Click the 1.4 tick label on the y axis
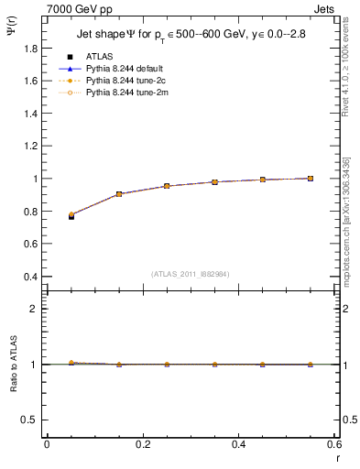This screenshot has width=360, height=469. click(x=30, y=130)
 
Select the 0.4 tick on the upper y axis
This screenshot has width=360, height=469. click(x=30, y=277)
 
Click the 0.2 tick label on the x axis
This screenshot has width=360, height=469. click(x=142, y=444)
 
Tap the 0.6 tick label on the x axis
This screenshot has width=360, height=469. click(x=334, y=444)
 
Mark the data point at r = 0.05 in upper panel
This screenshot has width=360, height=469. click(x=71, y=216)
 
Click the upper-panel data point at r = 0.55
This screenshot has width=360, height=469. click(x=311, y=179)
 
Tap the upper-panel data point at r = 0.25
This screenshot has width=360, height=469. click(x=167, y=186)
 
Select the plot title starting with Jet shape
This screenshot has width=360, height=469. click(x=192, y=36)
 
